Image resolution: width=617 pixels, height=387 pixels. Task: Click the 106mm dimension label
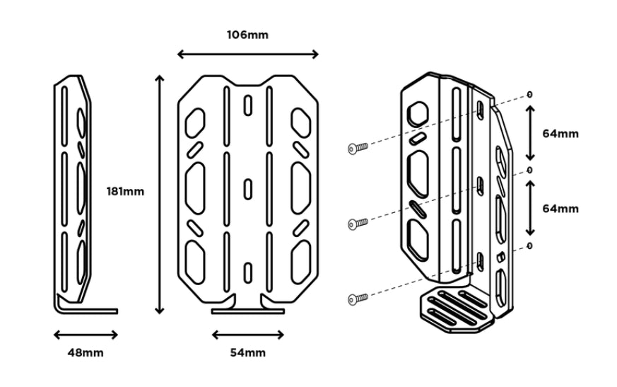click(247, 34)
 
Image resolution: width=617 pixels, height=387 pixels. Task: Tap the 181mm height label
click(125, 191)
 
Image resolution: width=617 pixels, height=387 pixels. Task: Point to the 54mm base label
click(248, 352)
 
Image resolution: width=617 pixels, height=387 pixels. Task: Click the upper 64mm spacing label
click(560, 133)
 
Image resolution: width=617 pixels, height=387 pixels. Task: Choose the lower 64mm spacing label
click(560, 209)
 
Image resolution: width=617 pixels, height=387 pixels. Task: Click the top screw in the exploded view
click(359, 148)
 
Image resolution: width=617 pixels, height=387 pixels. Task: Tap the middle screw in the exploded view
click(359, 224)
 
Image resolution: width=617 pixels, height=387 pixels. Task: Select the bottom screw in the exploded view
click(359, 299)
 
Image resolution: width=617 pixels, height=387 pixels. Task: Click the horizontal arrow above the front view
click(247, 54)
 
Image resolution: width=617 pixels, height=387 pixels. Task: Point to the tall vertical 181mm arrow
click(160, 194)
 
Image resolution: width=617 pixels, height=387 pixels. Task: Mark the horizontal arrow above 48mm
click(86, 335)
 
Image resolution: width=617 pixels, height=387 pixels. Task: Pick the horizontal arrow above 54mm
click(248, 335)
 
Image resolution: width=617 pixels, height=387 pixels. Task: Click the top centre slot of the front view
click(247, 105)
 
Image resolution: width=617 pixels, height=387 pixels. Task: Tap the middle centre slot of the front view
click(247, 189)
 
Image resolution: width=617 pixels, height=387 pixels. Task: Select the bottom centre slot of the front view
click(247, 272)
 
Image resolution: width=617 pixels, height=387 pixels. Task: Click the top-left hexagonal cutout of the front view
click(195, 122)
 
